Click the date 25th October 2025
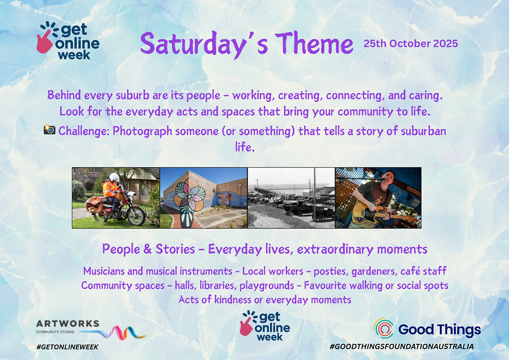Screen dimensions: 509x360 click(x=411, y=44)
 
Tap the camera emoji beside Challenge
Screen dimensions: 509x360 click(x=50, y=129)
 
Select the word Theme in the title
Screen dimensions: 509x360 click(x=314, y=43)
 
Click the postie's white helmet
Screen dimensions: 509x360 click(x=114, y=177)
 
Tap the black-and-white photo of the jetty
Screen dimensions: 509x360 click(x=291, y=198)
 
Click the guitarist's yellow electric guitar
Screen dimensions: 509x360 click(x=382, y=214)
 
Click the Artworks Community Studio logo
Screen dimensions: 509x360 click(x=90, y=329)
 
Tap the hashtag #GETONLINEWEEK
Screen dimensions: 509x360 click(x=67, y=347)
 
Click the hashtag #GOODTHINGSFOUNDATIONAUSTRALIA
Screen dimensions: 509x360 click(x=402, y=346)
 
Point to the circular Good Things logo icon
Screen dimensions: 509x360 click(x=383, y=328)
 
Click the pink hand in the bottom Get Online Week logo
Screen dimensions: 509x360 click(x=246, y=326)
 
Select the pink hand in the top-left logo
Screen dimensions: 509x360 click(x=44, y=42)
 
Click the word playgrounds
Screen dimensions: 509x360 click(x=267, y=286)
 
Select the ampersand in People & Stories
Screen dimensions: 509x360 click(x=148, y=249)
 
